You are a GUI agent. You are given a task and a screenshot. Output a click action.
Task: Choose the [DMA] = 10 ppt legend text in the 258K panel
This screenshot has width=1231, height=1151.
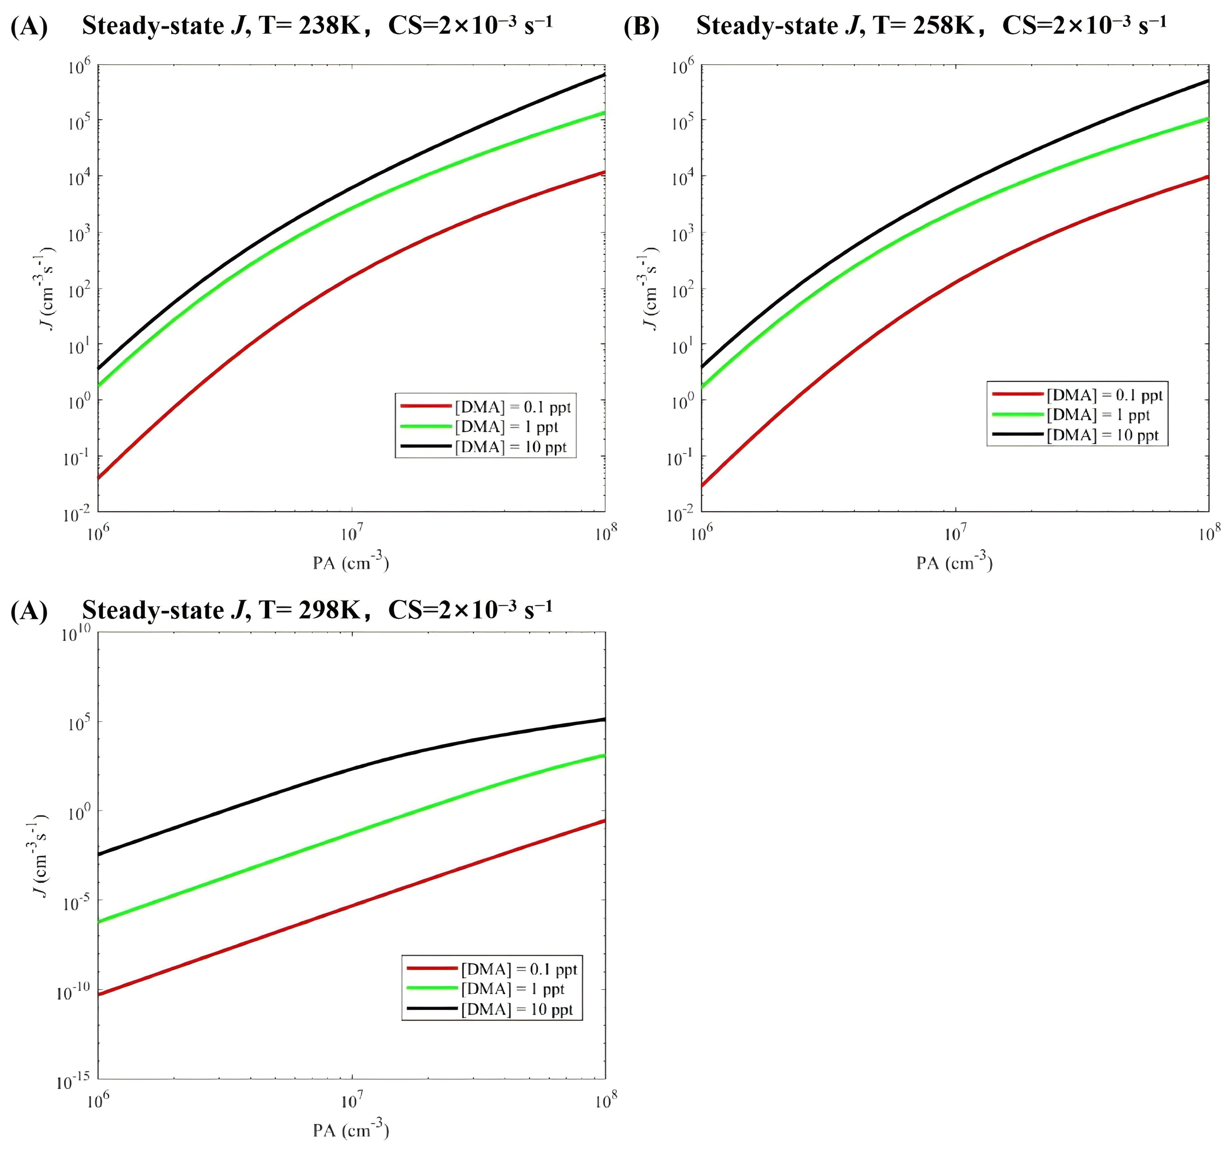click(1102, 435)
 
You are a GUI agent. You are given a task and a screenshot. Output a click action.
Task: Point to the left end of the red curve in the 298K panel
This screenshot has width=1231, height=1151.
click(99, 994)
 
